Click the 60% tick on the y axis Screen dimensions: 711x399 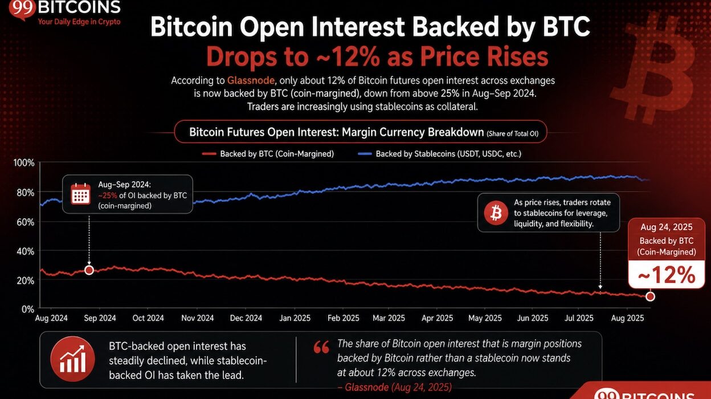(25, 222)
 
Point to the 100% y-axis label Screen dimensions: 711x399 (24, 163)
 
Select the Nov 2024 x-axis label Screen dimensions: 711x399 (198, 318)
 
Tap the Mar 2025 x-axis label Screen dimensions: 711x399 (389, 318)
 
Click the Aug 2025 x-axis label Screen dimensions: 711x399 (627, 318)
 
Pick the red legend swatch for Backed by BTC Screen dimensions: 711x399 (209, 154)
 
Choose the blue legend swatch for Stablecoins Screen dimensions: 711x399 (365, 154)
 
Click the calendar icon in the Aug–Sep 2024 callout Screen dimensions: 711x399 (81, 194)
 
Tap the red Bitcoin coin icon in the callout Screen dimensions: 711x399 (496, 213)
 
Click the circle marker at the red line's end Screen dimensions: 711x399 (650, 296)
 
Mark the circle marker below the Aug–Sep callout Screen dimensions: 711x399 (89, 270)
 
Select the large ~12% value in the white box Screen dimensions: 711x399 (667, 275)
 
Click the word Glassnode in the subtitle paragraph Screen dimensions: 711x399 (251, 80)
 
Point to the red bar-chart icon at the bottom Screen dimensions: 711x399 (73, 359)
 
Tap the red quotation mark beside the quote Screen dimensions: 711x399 (321, 347)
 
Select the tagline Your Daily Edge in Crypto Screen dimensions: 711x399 (79, 22)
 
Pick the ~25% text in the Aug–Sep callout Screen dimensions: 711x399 (108, 196)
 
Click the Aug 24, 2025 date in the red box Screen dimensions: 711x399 (666, 227)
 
